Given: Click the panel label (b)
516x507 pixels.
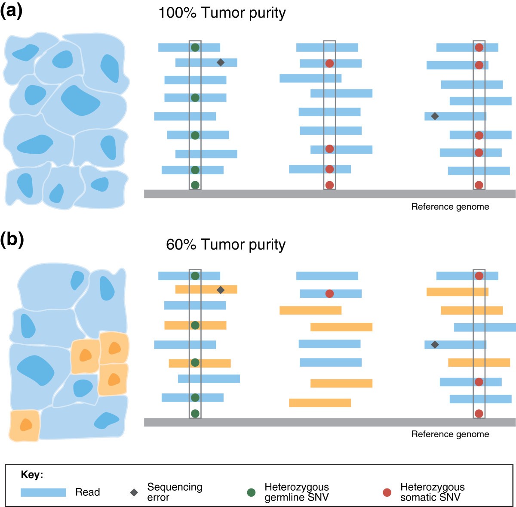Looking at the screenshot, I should (x=12, y=239).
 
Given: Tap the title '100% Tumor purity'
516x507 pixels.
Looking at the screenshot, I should (x=222, y=13).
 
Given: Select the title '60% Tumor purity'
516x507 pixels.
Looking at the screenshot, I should (x=226, y=244).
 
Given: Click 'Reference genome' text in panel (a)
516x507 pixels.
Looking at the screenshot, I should (x=450, y=207).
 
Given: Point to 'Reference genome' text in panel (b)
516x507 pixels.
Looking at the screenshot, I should (x=450, y=434).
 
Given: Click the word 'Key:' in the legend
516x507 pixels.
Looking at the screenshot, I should (x=32, y=475).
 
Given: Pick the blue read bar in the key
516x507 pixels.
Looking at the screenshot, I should (x=43, y=492).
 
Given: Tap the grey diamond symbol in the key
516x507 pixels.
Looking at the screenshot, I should (x=134, y=492).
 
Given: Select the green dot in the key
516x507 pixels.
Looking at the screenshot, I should (x=252, y=492).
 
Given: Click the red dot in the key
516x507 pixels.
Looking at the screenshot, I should (x=387, y=492).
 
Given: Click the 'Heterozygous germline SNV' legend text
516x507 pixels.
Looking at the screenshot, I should (x=296, y=492).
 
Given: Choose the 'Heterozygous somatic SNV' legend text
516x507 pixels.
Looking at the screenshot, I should (x=432, y=492).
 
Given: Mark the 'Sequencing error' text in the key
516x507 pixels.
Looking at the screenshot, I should (x=174, y=492).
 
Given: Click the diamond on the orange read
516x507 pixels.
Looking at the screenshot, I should (x=220, y=290).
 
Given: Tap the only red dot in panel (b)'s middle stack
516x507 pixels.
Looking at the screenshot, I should (x=329, y=294).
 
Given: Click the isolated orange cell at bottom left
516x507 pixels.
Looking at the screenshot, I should (x=25, y=425).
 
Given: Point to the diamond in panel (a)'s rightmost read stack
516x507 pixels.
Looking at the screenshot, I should (x=435, y=116).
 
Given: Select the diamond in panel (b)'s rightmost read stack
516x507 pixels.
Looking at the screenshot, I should (x=435, y=344).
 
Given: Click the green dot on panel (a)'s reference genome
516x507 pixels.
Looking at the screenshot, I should (x=195, y=185).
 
